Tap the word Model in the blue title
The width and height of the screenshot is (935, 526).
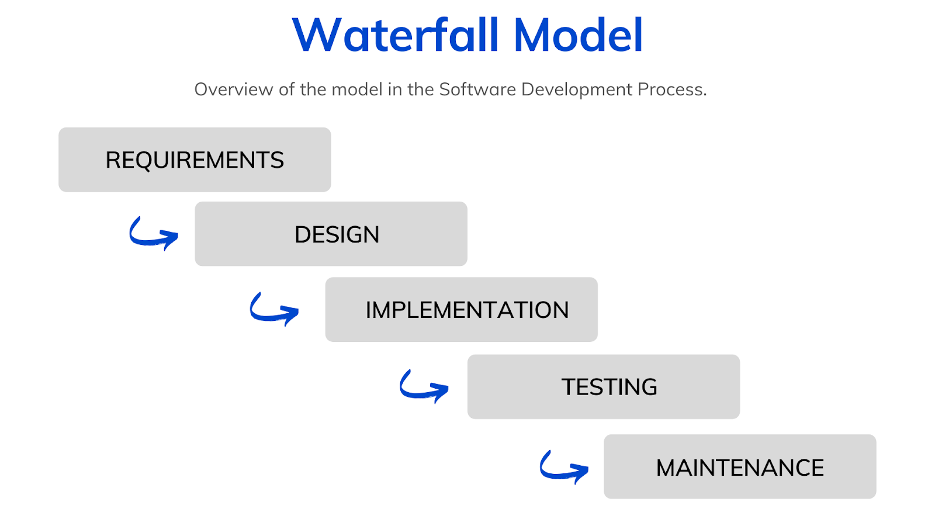click(579, 35)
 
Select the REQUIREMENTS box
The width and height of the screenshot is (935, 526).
click(195, 160)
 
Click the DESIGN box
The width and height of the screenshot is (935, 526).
click(331, 234)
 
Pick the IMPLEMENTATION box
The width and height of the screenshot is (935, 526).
click(461, 310)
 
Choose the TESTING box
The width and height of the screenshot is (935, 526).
click(603, 386)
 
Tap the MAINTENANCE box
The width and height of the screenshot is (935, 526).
click(739, 466)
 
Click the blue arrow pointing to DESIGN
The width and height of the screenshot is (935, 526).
click(153, 233)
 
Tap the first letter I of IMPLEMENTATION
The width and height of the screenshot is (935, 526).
click(369, 310)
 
